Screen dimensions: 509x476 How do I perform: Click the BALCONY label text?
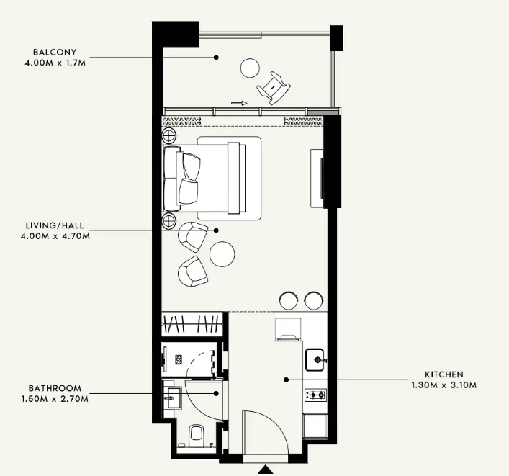pyautogui.click(x=55, y=52)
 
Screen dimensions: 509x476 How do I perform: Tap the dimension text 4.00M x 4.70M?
pyautogui.click(x=55, y=236)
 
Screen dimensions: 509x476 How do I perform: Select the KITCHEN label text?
pyautogui.click(x=444, y=374)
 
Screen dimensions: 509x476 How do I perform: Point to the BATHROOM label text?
pyautogui.click(x=55, y=388)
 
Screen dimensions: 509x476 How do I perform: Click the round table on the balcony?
pyautogui.click(x=250, y=68)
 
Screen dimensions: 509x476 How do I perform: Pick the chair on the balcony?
pyautogui.click(x=274, y=88)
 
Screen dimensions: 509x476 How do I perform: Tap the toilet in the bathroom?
pyautogui.click(x=196, y=434)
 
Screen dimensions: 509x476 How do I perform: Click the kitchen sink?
pyautogui.click(x=315, y=359)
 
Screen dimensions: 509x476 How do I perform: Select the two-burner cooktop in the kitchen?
pyautogui.click(x=315, y=395)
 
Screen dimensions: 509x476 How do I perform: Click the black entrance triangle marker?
pyautogui.click(x=266, y=470)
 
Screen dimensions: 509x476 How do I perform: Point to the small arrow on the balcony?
pyautogui.click(x=239, y=103)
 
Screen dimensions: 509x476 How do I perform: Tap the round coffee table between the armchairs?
pyautogui.click(x=222, y=254)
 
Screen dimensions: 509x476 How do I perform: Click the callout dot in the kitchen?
pyautogui.click(x=286, y=380)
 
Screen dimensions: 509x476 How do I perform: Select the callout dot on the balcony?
pyautogui.click(x=216, y=58)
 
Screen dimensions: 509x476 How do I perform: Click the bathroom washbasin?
pyautogui.click(x=171, y=398)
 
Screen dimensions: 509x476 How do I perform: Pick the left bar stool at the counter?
pyautogui.click(x=289, y=301)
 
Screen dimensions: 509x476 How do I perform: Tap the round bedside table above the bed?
pyautogui.click(x=169, y=135)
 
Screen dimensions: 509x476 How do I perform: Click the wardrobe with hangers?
pyautogui.click(x=192, y=324)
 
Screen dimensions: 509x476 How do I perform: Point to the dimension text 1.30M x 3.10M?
pyautogui.click(x=444, y=385)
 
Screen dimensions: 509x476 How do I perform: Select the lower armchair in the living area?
pyautogui.click(x=192, y=271)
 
